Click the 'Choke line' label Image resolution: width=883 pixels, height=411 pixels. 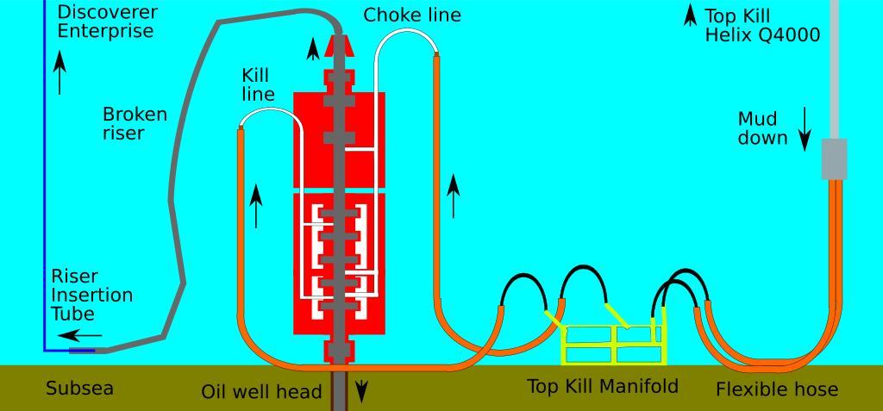click(411, 15)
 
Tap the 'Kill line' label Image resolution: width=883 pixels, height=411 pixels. click(258, 84)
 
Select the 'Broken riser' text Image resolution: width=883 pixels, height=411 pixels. click(135, 123)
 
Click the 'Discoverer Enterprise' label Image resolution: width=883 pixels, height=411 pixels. click(107, 22)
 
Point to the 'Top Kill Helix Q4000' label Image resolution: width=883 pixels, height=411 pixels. click(761, 26)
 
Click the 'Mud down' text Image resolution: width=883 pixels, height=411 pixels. click(762, 128)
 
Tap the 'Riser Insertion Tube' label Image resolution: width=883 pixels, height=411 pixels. click(91, 295)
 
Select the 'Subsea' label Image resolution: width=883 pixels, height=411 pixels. click(79, 389)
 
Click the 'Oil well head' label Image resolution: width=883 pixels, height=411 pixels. click(261, 392)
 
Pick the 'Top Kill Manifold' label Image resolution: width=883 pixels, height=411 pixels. click(603, 386)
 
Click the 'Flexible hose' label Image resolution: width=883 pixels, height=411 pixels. click(776, 389)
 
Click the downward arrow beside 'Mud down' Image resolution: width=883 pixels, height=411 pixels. click(805, 129)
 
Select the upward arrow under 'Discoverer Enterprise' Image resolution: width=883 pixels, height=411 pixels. click(59, 72)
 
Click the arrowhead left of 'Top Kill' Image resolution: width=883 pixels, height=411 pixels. click(691, 15)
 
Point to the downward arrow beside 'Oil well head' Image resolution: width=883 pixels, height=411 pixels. click(361, 392)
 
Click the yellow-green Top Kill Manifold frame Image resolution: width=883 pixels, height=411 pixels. click(614, 345)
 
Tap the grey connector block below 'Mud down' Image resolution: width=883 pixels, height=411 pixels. click(833, 159)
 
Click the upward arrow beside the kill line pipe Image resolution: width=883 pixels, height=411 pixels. click(256, 207)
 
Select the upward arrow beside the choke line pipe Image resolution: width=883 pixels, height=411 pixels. click(454, 196)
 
